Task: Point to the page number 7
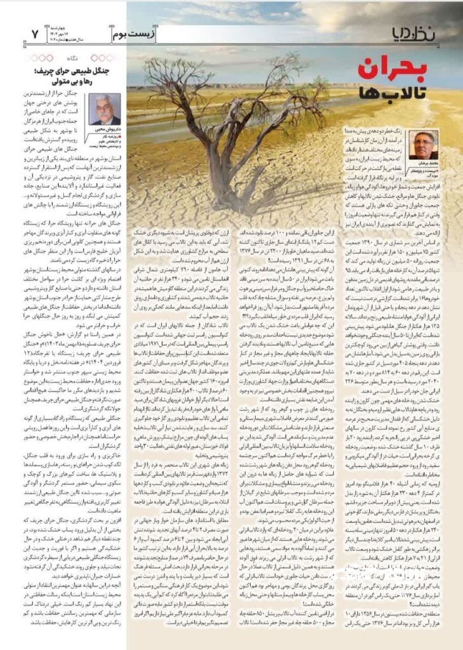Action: click(35, 32)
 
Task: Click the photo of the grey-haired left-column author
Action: click(103, 109)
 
